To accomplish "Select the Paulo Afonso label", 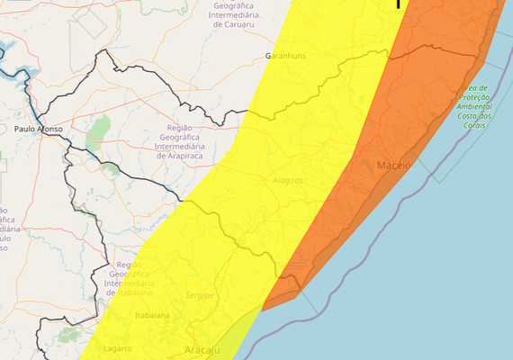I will point(39,130).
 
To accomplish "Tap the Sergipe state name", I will point(201,295).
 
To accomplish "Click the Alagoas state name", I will point(288,181).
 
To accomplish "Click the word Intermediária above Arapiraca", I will point(182,146).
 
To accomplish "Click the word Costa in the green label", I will point(468,116).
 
